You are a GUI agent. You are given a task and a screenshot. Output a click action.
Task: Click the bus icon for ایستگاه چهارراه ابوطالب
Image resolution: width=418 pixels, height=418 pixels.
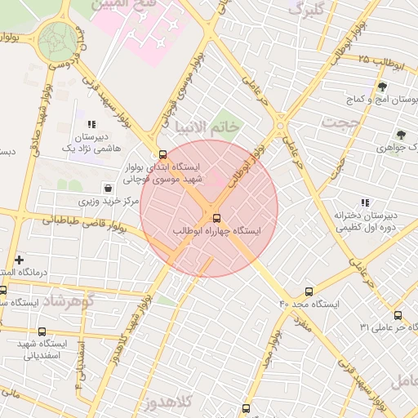pos(216,218)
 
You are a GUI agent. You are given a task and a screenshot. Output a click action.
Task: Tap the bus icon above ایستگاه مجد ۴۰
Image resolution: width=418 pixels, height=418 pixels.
pos(309,291)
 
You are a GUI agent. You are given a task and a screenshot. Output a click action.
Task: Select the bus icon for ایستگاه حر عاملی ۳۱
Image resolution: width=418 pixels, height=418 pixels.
pos(398,315)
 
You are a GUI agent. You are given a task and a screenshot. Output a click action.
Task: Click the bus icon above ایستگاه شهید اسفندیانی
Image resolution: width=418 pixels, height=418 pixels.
pos(42,331)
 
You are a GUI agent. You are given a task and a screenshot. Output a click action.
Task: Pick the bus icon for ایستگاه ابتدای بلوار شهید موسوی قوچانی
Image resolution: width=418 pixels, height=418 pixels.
pos(162,154)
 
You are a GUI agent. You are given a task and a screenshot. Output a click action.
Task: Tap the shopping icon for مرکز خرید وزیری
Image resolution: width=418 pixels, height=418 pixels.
pos(108,189)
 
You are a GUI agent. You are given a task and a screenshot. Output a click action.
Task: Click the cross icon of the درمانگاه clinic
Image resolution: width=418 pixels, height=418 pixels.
pos(19,260)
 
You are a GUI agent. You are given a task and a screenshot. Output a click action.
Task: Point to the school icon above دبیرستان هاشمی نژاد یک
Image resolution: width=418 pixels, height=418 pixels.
pos(91,124)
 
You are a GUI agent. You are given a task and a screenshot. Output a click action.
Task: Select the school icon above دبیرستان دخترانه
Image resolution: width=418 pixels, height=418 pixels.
pos(364,202)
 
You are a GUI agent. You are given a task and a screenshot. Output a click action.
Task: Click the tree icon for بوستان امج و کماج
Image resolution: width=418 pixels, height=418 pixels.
pos(381,87)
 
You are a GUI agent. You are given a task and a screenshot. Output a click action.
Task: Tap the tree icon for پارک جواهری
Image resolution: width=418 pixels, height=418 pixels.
pos(400,136)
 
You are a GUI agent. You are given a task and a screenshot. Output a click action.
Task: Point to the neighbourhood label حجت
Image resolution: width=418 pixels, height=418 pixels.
pos(340,123)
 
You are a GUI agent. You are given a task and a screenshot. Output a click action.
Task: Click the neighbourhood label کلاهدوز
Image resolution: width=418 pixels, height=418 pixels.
pos(165,403)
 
